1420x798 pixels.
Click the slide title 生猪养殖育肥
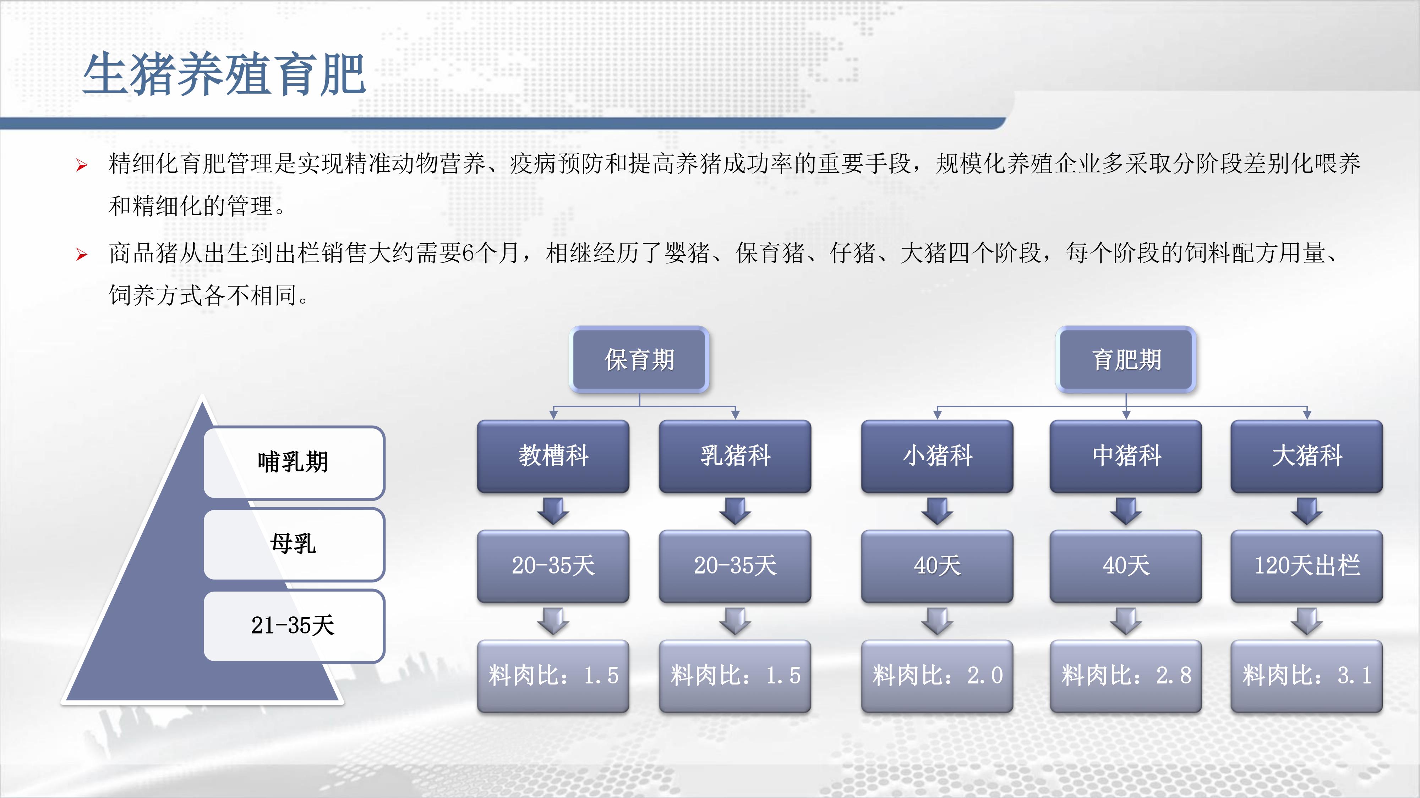pos(224,74)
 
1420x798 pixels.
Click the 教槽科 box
pos(553,456)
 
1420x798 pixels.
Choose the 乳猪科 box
pos(735,456)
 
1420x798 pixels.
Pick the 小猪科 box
pos(937,456)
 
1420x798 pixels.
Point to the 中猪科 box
pos(1126,456)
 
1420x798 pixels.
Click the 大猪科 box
pos(1307,456)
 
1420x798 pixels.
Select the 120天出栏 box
pos(1307,566)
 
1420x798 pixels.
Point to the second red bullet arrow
pos(82,254)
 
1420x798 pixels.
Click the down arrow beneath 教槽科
pos(553,511)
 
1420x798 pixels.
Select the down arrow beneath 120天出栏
pos(1307,621)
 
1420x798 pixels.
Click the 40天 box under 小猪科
pos(937,566)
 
